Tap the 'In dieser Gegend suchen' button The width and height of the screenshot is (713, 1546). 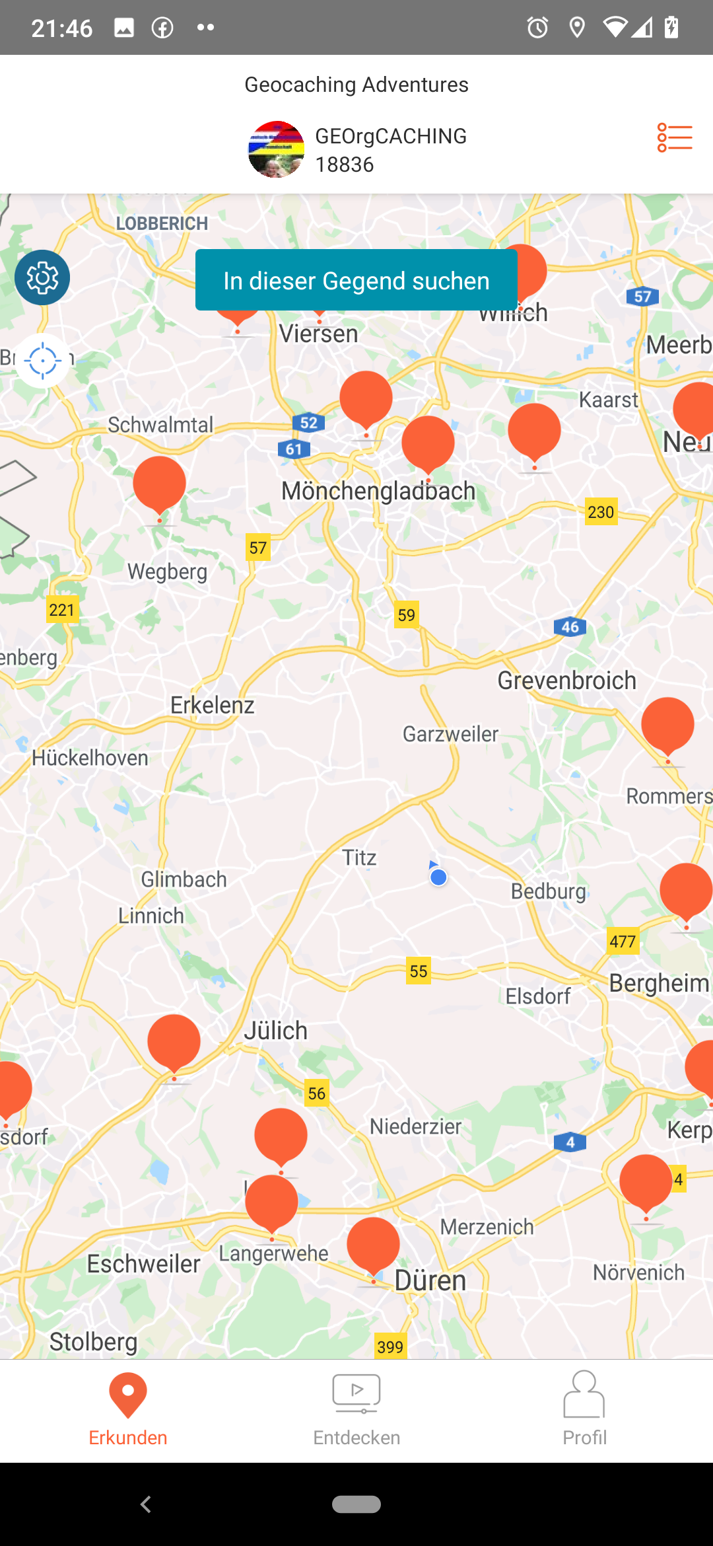point(356,280)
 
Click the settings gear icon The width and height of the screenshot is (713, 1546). point(42,277)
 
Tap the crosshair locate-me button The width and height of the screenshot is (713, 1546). point(42,361)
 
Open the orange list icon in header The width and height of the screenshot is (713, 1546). point(674,138)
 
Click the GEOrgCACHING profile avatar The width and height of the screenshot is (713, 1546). point(276,149)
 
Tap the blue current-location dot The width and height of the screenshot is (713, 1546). point(438,877)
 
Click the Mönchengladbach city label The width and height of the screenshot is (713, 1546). point(378,492)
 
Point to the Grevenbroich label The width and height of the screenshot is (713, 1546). point(566,681)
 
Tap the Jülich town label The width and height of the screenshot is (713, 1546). point(276,1031)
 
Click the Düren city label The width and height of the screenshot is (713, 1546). point(430,1280)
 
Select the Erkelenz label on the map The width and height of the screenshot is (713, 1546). point(212,705)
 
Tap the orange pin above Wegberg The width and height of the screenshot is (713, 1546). point(160,484)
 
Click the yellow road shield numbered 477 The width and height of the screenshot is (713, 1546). point(623,941)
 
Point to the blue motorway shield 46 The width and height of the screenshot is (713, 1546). point(570,627)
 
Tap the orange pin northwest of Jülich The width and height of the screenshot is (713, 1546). point(174,1042)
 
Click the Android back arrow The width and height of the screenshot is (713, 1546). point(146,1504)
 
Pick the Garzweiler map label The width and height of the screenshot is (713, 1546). point(450,734)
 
